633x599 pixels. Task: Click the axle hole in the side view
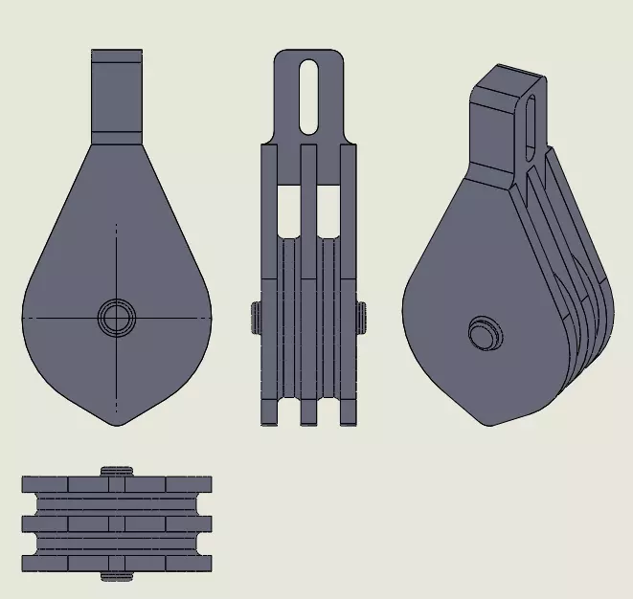pos(116,317)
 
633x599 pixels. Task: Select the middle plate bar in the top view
pos(116,523)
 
